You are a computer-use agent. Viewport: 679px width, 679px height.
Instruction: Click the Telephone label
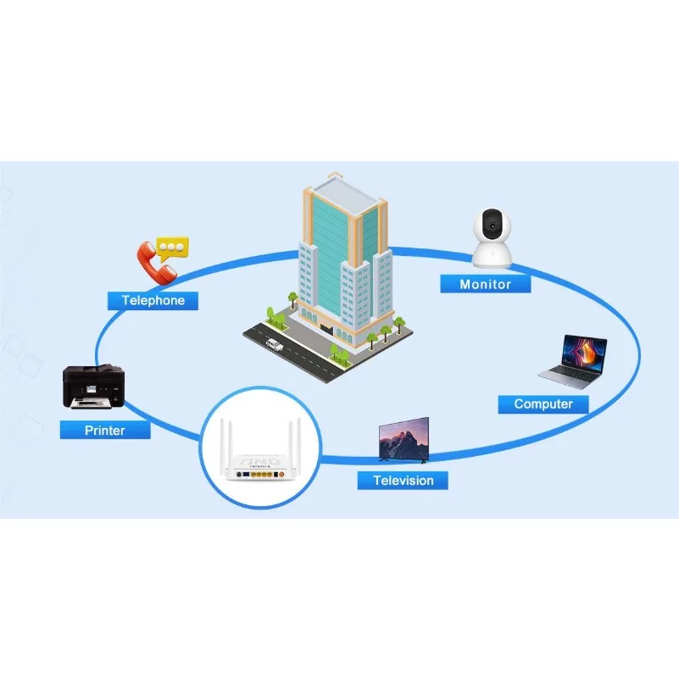click(153, 300)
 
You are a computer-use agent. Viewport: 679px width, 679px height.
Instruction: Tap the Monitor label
click(485, 284)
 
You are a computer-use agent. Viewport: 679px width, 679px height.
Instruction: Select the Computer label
click(543, 404)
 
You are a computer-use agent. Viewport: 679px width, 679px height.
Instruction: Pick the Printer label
click(105, 430)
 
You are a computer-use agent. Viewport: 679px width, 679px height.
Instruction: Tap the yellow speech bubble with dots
click(175, 246)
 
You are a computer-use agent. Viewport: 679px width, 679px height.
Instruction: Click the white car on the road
click(273, 346)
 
